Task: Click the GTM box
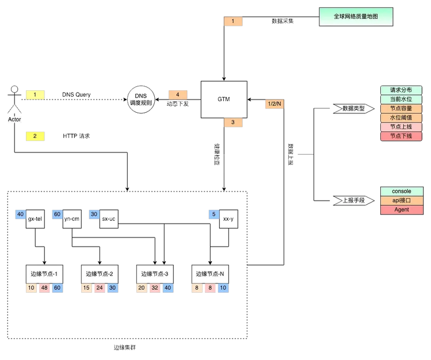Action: [224, 99]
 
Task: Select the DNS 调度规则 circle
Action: [141, 99]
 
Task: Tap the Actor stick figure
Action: [14, 99]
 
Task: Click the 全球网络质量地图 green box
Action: [356, 17]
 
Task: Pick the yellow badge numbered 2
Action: [35, 136]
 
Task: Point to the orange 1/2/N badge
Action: [274, 104]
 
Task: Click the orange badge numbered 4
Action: [178, 95]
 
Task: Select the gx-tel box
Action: [35, 219]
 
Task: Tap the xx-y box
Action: [228, 219]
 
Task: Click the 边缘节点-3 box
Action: [155, 274]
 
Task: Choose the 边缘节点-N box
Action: [210, 274]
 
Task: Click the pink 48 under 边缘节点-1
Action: [44, 288]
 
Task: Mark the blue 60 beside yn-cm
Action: [57, 214]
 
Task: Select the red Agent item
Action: [402, 210]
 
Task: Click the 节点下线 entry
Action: [401, 136]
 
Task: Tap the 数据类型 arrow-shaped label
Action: [353, 109]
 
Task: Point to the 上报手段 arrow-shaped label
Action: [353, 201]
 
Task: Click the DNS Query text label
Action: [76, 95]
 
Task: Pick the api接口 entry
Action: [402, 201]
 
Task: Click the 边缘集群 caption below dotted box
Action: [125, 348]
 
